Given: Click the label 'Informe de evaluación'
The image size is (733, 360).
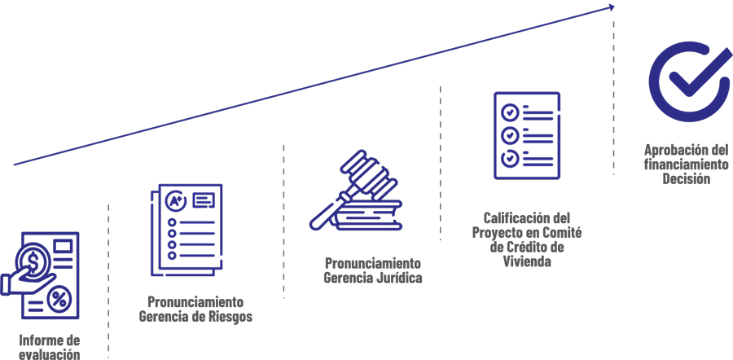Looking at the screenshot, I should coord(50,346).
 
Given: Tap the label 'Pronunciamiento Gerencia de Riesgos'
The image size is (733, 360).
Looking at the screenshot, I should coord(195,308).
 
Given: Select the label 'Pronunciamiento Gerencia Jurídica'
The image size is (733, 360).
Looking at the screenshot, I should coord(372,271).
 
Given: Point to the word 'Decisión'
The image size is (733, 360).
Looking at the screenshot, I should coord(686,178).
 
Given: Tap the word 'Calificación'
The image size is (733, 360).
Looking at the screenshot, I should coord(510,218).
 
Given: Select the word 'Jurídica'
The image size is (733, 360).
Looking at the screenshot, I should coord(398,279).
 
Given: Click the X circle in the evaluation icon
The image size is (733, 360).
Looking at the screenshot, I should coord(59,301).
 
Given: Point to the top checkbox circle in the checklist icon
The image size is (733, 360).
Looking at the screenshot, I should coord(510,110).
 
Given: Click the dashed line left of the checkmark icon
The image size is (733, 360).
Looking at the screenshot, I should coord(614,98).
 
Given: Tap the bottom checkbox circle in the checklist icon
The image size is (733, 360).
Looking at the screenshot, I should coord(510,157).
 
